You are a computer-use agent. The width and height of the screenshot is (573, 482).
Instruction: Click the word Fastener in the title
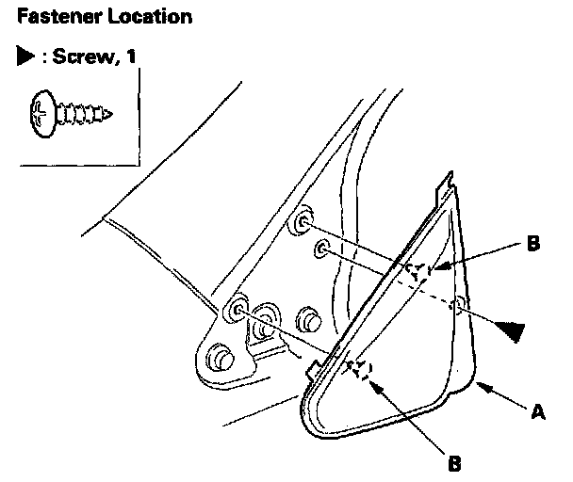43,17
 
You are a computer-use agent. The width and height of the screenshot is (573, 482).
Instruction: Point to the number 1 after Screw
131,57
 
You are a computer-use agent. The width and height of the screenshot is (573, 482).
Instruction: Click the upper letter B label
533,245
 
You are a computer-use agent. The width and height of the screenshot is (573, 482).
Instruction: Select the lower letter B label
455,462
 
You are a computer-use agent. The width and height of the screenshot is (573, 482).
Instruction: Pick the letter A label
538,411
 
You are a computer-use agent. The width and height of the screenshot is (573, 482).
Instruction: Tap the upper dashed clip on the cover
417,271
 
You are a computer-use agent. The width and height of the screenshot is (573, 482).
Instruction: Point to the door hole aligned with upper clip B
303,223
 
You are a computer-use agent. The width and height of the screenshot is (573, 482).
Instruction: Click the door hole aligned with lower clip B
235,310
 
